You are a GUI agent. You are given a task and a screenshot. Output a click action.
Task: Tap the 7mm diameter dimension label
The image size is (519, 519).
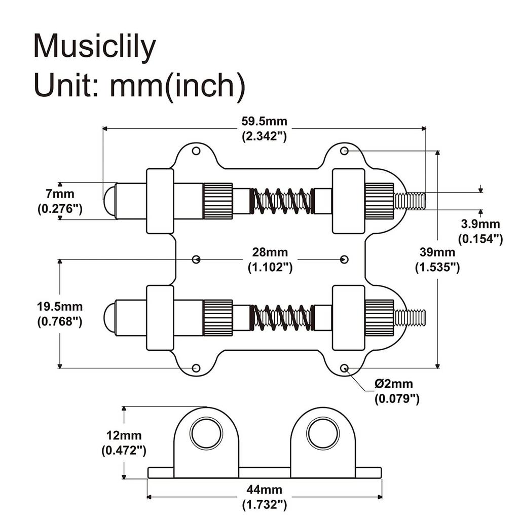[x=60, y=201]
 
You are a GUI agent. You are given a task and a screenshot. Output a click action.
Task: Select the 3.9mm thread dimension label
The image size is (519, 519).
[x=480, y=231]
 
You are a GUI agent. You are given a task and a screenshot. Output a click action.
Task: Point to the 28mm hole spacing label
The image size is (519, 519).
[x=270, y=259]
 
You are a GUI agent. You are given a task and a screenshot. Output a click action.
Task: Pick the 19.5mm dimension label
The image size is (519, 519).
[x=60, y=314]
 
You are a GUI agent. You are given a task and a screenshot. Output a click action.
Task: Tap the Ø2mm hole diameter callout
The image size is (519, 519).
[x=396, y=391]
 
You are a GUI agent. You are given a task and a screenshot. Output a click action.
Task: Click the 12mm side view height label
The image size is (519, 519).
[x=124, y=442]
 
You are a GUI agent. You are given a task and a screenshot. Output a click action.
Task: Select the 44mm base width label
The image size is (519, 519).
[x=265, y=497]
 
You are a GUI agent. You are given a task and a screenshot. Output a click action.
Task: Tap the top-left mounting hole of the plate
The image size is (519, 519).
[x=196, y=151]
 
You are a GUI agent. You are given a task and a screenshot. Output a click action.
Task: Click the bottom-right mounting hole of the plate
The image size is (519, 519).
[x=344, y=368]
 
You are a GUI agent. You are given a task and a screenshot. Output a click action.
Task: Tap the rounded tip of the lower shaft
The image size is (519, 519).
[x=109, y=318]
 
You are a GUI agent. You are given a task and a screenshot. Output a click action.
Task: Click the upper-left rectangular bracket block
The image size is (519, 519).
[x=160, y=201]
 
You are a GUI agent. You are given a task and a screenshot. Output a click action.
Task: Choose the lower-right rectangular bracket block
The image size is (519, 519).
[x=348, y=318]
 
